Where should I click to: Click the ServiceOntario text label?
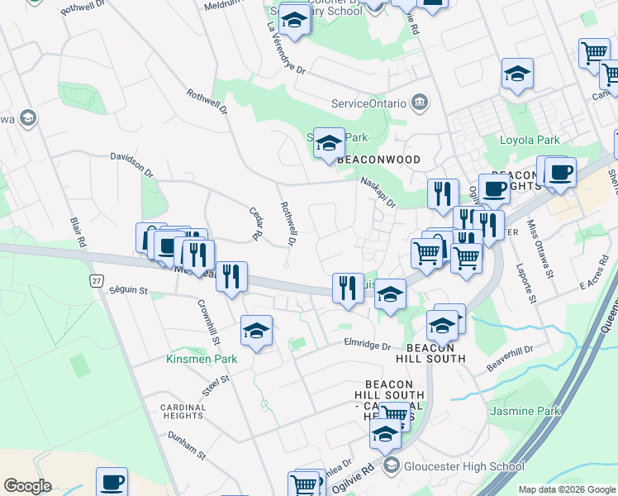(368, 103)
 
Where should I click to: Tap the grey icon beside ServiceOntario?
(421, 103)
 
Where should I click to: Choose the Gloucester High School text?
(463, 466)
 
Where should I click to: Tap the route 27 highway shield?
(97, 281)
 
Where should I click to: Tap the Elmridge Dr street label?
(367, 346)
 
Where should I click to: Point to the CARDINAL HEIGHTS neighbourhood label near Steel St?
(183, 413)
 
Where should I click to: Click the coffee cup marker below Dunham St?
(112, 482)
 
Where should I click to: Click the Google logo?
(28, 486)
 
